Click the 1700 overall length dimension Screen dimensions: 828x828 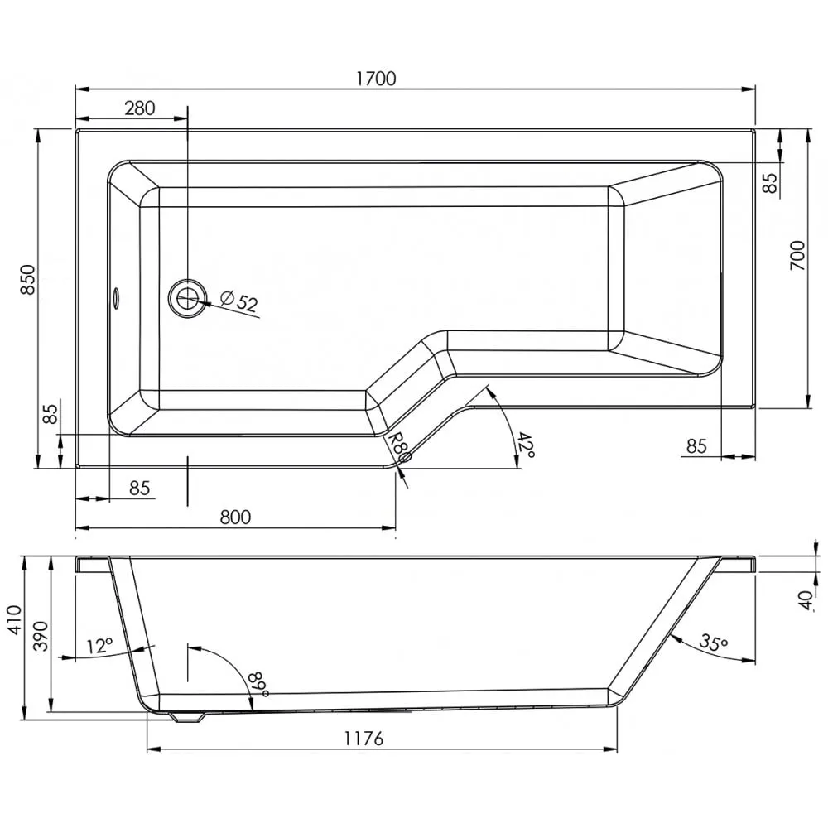click(x=376, y=79)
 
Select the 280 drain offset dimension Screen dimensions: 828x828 click(x=140, y=108)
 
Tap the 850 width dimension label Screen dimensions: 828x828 click(x=28, y=280)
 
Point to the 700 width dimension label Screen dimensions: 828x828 click(x=797, y=256)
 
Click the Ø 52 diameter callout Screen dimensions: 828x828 click(x=239, y=301)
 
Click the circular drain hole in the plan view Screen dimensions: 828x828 click(x=187, y=299)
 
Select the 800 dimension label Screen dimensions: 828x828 click(x=235, y=517)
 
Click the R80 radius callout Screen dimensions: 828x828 click(x=399, y=446)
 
